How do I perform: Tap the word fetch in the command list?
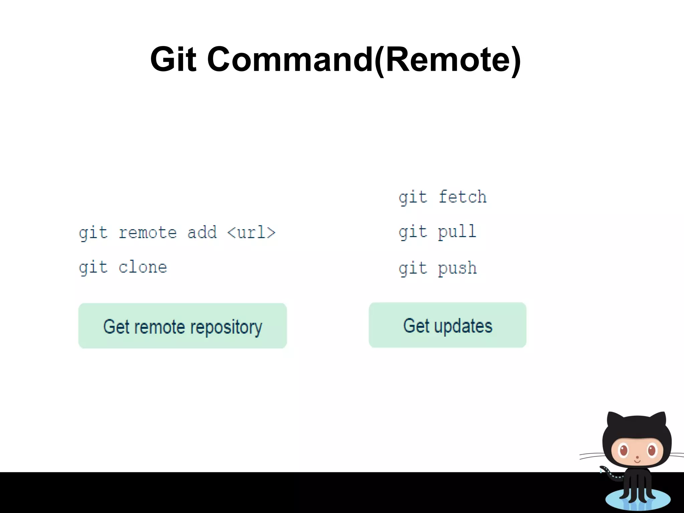point(463,197)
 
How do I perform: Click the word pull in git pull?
point(457,232)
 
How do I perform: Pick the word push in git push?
point(457,269)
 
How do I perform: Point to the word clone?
point(143,268)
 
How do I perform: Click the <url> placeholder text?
point(251,232)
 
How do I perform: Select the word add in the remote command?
point(202,232)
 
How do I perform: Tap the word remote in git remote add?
point(148,232)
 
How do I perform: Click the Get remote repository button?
point(182,326)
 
